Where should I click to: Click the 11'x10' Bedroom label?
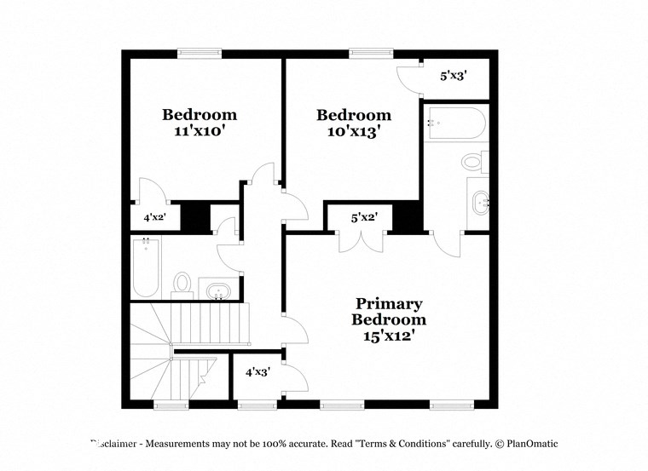point(200,123)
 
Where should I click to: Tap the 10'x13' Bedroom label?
point(354,123)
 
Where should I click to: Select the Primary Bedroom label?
point(389,319)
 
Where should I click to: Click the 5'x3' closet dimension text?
point(453,76)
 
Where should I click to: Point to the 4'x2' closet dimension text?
point(154,217)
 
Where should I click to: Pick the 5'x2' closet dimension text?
point(365,217)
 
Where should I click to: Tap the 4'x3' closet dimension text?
point(257,372)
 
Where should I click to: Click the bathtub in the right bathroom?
point(455,124)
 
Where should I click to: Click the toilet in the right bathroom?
point(473,161)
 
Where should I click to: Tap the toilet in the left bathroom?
point(182,282)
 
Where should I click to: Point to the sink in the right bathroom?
point(478,203)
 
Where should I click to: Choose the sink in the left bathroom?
point(219,290)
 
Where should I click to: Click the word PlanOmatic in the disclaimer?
point(527,444)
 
